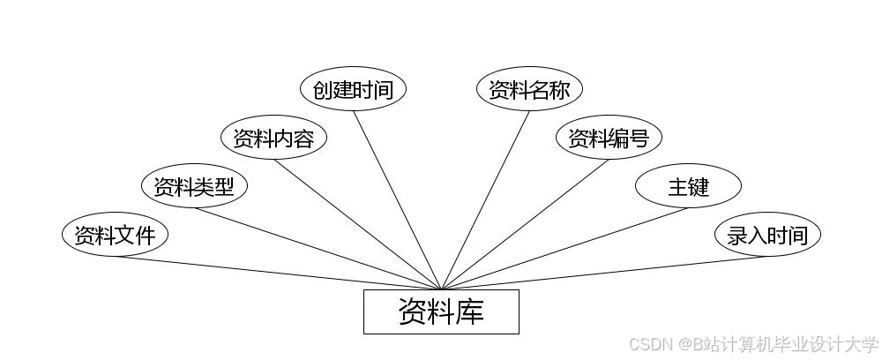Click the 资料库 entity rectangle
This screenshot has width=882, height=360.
(x=441, y=311)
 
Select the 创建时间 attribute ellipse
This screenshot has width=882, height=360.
(x=353, y=89)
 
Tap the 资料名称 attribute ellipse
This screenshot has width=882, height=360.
(x=529, y=89)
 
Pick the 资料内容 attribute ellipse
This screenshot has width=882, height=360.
(x=273, y=138)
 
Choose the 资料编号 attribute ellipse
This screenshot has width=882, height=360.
(x=609, y=138)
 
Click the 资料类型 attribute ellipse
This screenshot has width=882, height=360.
(x=194, y=186)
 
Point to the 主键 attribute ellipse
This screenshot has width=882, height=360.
(x=688, y=186)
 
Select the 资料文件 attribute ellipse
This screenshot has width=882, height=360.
(x=115, y=235)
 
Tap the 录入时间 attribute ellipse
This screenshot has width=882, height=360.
(x=767, y=235)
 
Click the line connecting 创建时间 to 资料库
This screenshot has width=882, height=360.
(x=397, y=199)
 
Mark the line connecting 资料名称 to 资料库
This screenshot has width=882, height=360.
(x=485, y=199)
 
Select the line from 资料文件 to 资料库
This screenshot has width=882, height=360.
(x=278, y=273)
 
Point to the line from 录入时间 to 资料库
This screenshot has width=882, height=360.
(x=604, y=273)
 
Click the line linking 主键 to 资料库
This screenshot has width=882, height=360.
(x=564, y=248)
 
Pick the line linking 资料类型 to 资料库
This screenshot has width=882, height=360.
(x=318, y=248)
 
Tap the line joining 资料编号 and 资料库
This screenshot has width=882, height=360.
(x=525, y=224)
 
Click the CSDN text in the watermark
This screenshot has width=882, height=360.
(x=648, y=344)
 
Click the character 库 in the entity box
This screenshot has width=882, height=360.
(x=470, y=311)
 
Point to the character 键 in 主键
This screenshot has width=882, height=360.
(x=699, y=186)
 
